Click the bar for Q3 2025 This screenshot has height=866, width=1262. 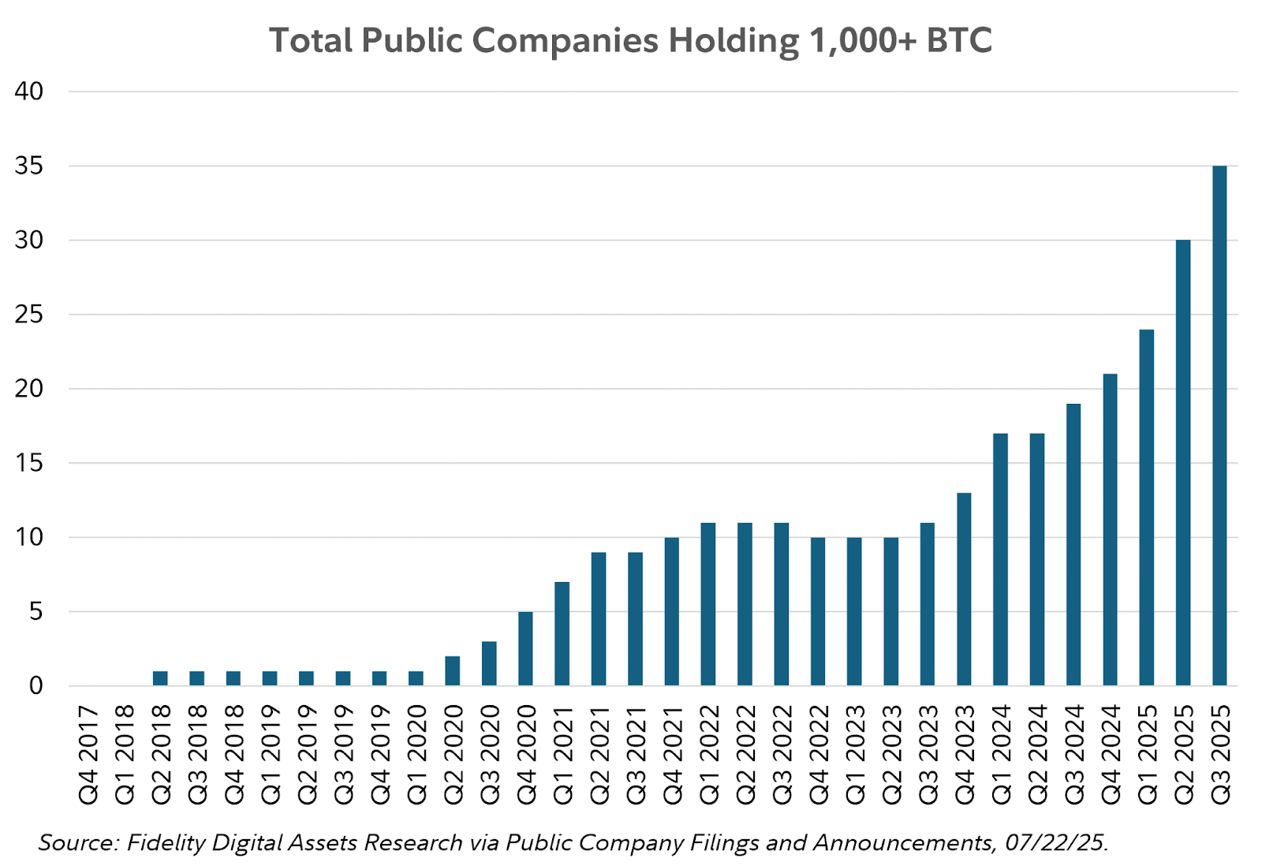pos(1219,426)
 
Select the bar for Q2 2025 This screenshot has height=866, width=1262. pos(1183,463)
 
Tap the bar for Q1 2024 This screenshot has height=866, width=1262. pos(1000,559)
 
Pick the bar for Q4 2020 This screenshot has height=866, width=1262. pos(525,648)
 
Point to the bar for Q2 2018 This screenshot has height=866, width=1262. pos(160,678)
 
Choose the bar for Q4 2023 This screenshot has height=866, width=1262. pos(964,589)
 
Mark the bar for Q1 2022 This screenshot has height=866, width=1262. pos(708,604)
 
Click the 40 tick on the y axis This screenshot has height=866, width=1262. pos(29,91)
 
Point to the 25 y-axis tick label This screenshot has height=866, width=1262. pos(29,315)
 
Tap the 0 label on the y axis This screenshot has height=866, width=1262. pos(36,686)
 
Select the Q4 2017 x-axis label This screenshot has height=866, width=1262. pos(88,755)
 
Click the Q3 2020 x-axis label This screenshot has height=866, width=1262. pos(490,755)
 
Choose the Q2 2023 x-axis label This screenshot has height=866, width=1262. pos(891,755)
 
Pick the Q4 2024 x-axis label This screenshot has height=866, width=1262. pos(1111,755)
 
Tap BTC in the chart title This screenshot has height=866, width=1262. pos(959,41)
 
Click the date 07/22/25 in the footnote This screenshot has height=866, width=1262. pos(1055,843)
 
